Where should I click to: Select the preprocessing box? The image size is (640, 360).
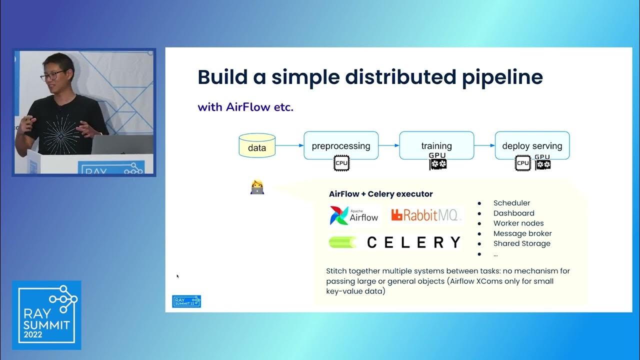tap(341, 145)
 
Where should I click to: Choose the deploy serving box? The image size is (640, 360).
tap(532, 145)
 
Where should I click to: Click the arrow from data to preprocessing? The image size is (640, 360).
tap(289, 145)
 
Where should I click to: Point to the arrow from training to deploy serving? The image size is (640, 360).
tap(484, 145)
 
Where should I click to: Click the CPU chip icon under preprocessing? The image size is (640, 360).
tap(341, 163)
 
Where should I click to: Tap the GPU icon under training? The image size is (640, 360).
tap(437, 161)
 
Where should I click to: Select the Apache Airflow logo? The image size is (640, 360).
tap(354, 215)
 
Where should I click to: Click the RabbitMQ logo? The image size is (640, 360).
tap(425, 215)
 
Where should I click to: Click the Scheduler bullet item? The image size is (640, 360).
tap(511, 203)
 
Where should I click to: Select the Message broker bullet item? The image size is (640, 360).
tap(522, 233)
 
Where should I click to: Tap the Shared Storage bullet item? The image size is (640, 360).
tap(521, 243)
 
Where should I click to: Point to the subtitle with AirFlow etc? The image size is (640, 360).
tap(245, 106)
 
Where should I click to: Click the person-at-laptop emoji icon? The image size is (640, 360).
tap(257, 187)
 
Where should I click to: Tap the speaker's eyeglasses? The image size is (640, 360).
tap(52, 75)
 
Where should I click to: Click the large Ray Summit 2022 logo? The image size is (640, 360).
tap(46, 315)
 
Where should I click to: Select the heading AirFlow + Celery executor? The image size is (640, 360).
tap(380, 194)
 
